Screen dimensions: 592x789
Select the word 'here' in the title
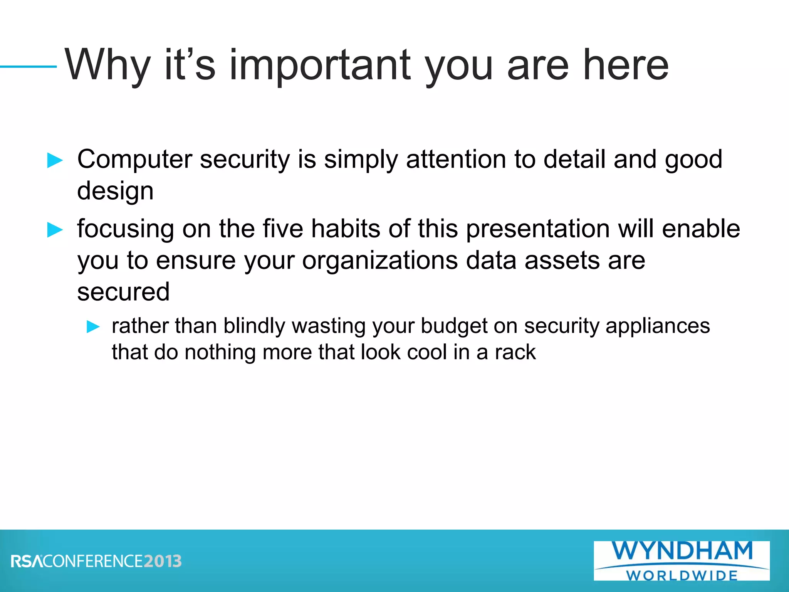point(626,66)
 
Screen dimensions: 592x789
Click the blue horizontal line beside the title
point(28,67)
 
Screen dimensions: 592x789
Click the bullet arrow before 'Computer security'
point(55,160)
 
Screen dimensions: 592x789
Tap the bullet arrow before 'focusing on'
point(55,230)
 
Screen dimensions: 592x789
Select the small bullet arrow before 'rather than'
point(93,327)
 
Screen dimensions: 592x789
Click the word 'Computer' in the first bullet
point(134,160)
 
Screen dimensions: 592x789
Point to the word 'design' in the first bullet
point(115,191)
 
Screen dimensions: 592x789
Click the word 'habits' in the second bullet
point(346,229)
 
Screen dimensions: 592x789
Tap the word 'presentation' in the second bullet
point(537,229)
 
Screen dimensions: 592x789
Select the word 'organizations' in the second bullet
point(380,261)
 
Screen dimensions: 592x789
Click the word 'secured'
point(123,292)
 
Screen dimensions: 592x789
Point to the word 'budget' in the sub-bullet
point(454,326)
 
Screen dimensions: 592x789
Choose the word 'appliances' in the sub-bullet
point(657,326)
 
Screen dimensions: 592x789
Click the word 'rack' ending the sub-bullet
point(515,352)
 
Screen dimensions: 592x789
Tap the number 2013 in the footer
point(163,561)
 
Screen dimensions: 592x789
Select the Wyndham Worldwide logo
point(682,560)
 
